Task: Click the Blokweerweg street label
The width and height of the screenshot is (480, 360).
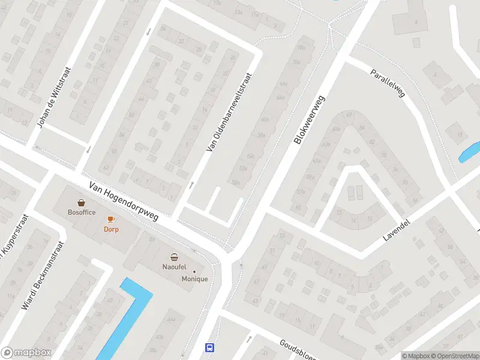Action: (x=310, y=119)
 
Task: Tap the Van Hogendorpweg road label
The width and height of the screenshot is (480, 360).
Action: (x=124, y=202)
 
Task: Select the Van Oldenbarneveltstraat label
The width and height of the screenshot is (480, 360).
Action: (x=229, y=112)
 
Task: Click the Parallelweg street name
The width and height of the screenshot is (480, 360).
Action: (x=388, y=83)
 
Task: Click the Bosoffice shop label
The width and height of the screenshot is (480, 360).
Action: (x=82, y=212)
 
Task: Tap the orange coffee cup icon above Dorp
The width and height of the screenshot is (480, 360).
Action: (x=111, y=220)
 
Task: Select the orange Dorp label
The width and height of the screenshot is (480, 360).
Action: (x=111, y=229)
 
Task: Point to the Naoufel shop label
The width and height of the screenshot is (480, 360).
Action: (x=175, y=266)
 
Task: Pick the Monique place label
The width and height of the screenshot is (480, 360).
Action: (x=195, y=279)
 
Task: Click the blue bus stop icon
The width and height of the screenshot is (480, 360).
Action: (x=210, y=347)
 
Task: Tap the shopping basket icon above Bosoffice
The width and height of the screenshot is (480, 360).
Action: (x=81, y=203)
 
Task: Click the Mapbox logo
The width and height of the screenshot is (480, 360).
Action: (x=26, y=353)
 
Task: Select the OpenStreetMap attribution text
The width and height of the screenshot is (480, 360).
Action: (x=456, y=356)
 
